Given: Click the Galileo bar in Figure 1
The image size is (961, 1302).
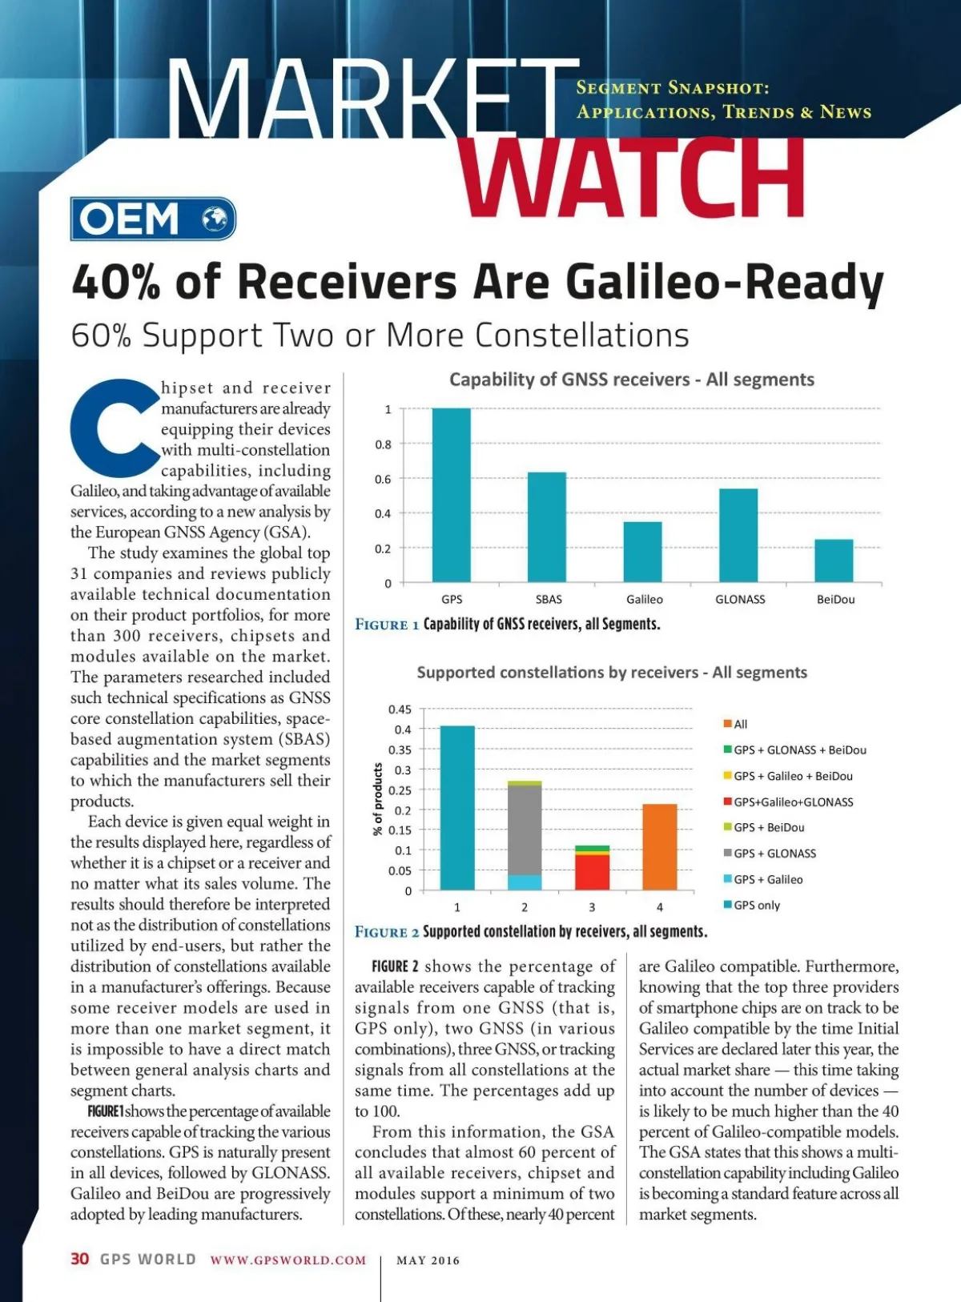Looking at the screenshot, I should [642, 552].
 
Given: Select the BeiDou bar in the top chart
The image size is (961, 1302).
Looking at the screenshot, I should [834, 561].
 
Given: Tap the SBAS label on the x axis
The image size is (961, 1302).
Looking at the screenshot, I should [549, 599].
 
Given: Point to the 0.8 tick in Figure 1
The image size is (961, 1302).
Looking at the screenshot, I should [384, 444].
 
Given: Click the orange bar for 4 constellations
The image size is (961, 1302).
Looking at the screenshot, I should [659, 846].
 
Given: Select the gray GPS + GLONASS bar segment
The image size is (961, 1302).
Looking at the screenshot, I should [525, 830].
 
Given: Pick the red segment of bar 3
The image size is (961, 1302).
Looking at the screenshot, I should [592, 873].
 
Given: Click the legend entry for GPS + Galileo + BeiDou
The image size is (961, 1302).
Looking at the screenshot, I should [787, 776].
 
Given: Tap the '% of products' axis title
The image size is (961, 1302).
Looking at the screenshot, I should [378, 799].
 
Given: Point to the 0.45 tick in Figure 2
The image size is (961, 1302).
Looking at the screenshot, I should [400, 709].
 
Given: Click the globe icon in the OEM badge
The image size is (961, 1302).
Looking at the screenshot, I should [214, 219].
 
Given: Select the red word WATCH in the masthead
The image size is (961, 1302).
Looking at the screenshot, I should [632, 177].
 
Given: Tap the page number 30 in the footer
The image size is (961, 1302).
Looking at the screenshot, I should [79, 1259].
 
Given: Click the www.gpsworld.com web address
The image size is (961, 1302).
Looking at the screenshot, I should [288, 1260].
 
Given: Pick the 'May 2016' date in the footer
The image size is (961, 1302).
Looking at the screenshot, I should [428, 1260].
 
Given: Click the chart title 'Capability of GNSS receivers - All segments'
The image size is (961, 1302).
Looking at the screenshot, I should [631, 380].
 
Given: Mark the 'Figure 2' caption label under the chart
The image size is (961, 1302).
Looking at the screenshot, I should [387, 932].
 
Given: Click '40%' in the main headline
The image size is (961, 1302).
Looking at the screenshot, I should [115, 282].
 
